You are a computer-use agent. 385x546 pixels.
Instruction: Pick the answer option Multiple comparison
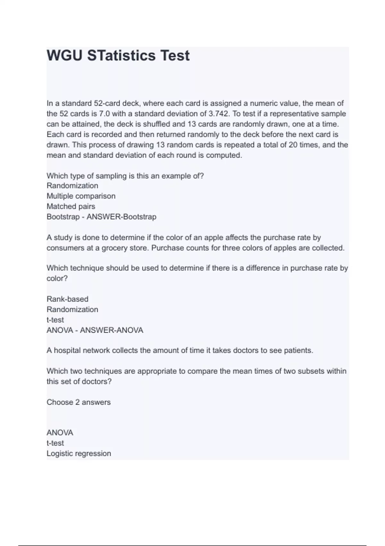pyautogui.click(x=81, y=196)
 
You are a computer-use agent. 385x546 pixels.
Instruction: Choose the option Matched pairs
pyautogui.click(x=71, y=206)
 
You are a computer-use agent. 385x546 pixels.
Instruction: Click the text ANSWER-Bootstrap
pyautogui.click(x=121, y=217)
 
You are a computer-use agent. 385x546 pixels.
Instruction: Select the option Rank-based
pyautogui.click(x=67, y=299)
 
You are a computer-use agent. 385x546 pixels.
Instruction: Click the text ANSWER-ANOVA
pyautogui.click(x=111, y=330)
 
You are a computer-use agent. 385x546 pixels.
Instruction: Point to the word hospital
pyautogui.click(x=67, y=350)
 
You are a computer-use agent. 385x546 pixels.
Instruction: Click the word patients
pyautogui.click(x=298, y=350)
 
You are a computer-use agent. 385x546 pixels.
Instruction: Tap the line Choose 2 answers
pyautogui.click(x=79, y=402)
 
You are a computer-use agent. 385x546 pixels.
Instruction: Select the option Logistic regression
pyautogui.click(x=79, y=454)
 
